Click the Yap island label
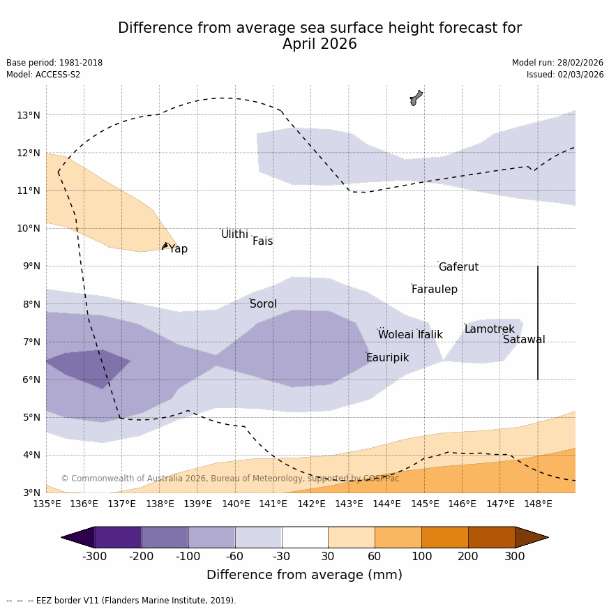179,249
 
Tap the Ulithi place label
234,234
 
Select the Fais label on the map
262,241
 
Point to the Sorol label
263,304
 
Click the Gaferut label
458,267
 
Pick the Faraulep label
434,290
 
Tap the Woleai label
396,335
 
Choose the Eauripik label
387,358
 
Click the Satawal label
524,340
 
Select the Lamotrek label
489,329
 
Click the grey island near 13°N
416,98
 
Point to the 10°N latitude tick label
28,228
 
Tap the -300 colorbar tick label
95,557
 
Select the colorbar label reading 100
421,557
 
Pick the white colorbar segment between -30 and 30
305,537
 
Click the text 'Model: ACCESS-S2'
43,75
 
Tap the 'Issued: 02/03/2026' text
565,75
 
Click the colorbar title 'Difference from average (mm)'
304,576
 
